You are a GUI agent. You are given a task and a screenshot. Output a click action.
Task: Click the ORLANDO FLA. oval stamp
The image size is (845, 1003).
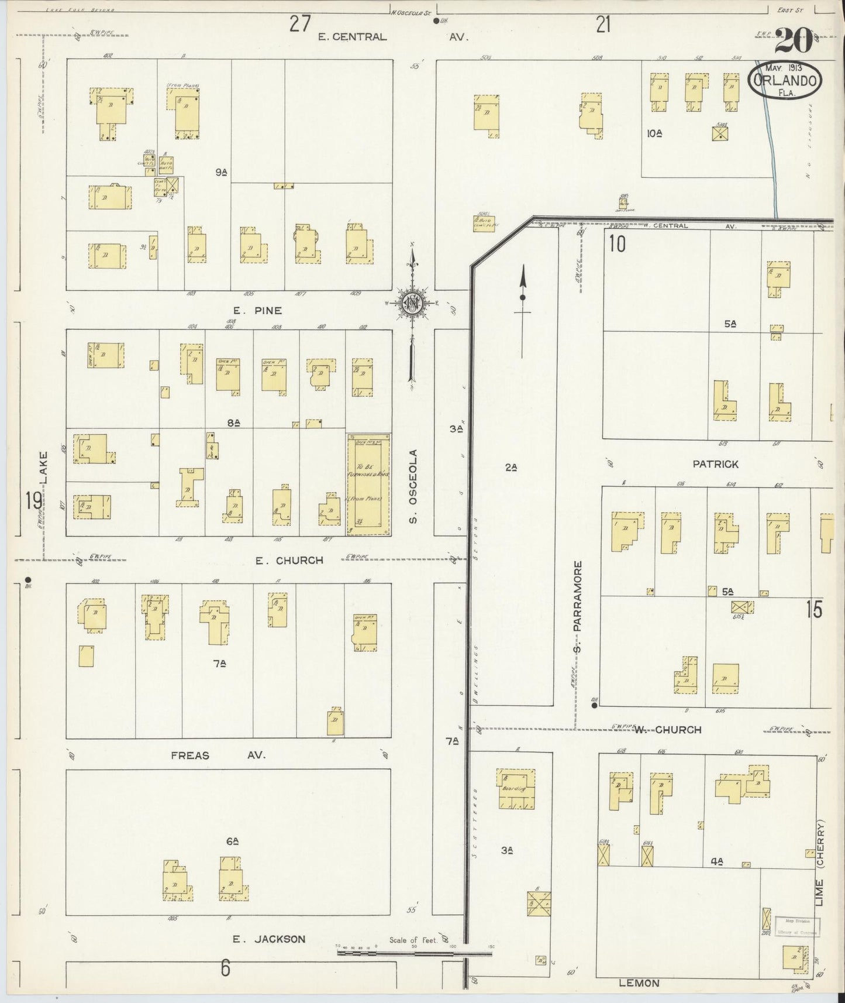click(784, 81)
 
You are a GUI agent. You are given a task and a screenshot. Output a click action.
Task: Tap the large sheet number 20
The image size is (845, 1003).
click(794, 42)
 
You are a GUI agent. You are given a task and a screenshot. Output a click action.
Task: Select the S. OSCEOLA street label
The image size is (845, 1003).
click(413, 486)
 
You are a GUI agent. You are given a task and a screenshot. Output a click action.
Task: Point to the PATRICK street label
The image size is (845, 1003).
click(715, 464)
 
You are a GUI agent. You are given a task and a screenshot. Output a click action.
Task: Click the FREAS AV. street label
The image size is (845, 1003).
click(218, 755)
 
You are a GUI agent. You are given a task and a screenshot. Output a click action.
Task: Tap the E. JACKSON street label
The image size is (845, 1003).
click(268, 939)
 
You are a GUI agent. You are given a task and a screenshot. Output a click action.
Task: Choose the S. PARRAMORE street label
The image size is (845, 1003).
click(578, 607)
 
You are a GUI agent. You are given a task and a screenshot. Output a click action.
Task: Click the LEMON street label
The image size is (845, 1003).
click(639, 984)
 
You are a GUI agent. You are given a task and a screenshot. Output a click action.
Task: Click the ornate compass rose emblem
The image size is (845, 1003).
click(413, 303)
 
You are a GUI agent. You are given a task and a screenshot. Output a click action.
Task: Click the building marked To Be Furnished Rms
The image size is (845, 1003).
click(369, 483)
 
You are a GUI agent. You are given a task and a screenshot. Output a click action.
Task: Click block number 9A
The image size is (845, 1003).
click(221, 172)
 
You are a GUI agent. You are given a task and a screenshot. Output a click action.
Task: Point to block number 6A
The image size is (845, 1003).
click(232, 841)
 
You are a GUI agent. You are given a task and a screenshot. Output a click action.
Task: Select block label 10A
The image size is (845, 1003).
click(654, 133)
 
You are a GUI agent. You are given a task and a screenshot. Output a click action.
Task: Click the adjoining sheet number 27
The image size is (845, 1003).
click(300, 25)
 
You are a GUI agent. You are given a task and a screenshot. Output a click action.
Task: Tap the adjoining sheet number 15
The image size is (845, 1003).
click(813, 610)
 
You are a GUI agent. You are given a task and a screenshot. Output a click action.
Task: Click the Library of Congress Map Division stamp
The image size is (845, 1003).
click(798, 927)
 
